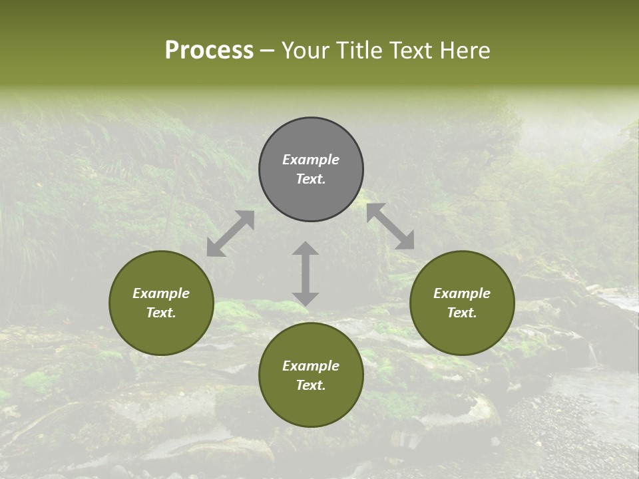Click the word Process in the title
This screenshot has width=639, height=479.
pyautogui.click(x=209, y=51)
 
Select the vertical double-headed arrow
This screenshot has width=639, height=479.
pyautogui.click(x=306, y=273)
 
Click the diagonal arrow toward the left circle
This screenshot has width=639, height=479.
pyautogui.click(x=230, y=234)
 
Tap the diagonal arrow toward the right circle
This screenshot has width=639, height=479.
pyautogui.click(x=391, y=226)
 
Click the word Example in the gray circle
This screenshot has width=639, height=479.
pyautogui.click(x=311, y=160)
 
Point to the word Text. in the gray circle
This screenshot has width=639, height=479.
pyautogui.click(x=311, y=179)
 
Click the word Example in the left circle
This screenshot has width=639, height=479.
pyautogui.click(x=161, y=293)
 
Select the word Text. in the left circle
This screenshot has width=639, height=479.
pyautogui.click(x=161, y=313)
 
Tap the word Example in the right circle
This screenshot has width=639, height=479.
pyautogui.click(x=462, y=293)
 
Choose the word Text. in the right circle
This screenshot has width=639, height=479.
pyautogui.click(x=462, y=313)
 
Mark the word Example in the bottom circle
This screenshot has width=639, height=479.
pyautogui.click(x=311, y=366)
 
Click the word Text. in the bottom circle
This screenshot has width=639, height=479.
pyautogui.click(x=311, y=385)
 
